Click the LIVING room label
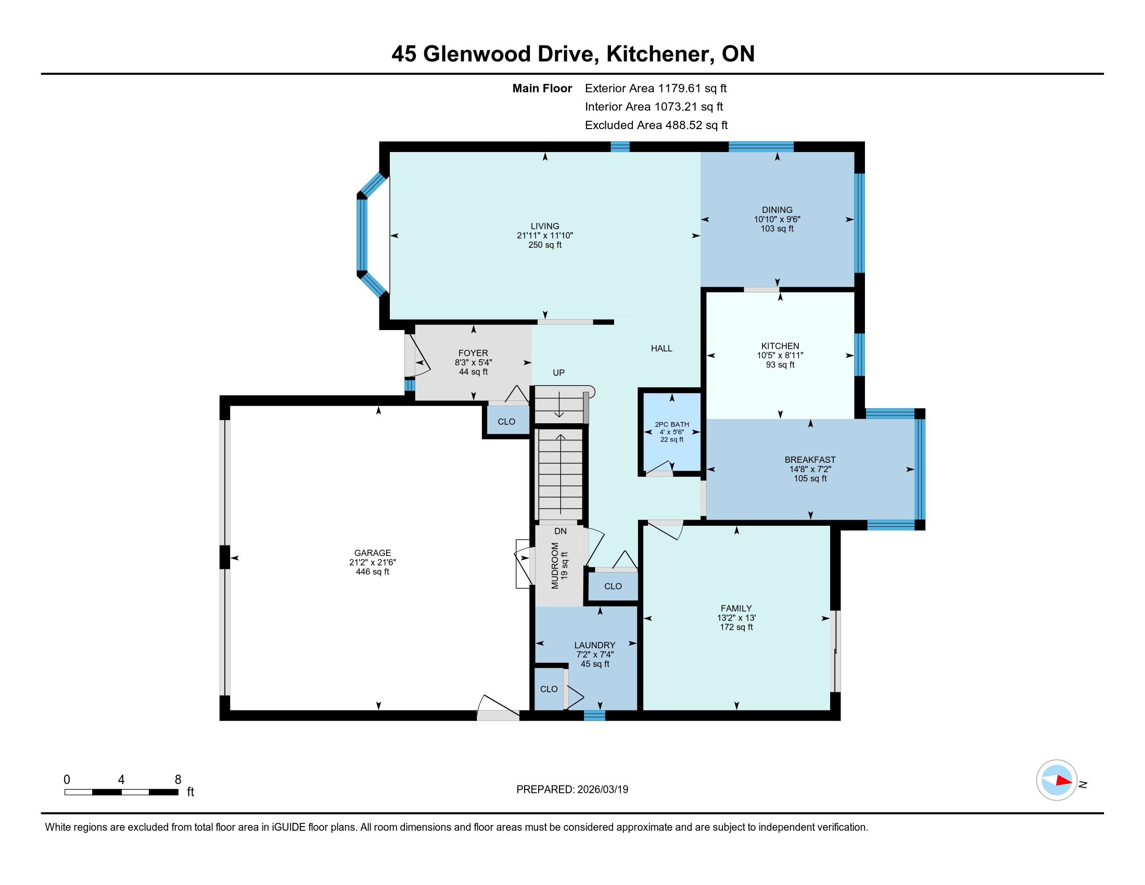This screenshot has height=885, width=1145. [545, 226]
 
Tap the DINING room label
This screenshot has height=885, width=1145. [777, 210]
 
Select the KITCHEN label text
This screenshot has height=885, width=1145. [780, 346]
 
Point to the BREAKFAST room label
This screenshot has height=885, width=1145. [810, 460]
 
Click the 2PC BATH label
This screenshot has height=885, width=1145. [671, 425]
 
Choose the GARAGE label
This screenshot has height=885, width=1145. [372, 552]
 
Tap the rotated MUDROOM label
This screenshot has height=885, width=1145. [555, 566]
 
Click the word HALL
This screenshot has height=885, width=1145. [661, 348]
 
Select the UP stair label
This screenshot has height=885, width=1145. [558, 373]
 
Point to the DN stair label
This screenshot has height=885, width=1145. [561, 531]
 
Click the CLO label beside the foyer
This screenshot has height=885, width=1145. [506, 422]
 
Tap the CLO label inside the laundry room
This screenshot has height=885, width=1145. [549, 689]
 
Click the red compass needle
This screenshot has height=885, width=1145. [1064, 780]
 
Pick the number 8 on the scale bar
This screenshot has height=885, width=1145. [177, 780]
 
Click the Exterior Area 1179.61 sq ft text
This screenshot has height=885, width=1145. [656, 88]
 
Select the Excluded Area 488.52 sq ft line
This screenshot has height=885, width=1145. [656, 125]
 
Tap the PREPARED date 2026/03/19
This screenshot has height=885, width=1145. [602, 790]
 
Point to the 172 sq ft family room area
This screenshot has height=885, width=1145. [736, 627]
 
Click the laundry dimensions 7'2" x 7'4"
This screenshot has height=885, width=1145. [594, 654]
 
